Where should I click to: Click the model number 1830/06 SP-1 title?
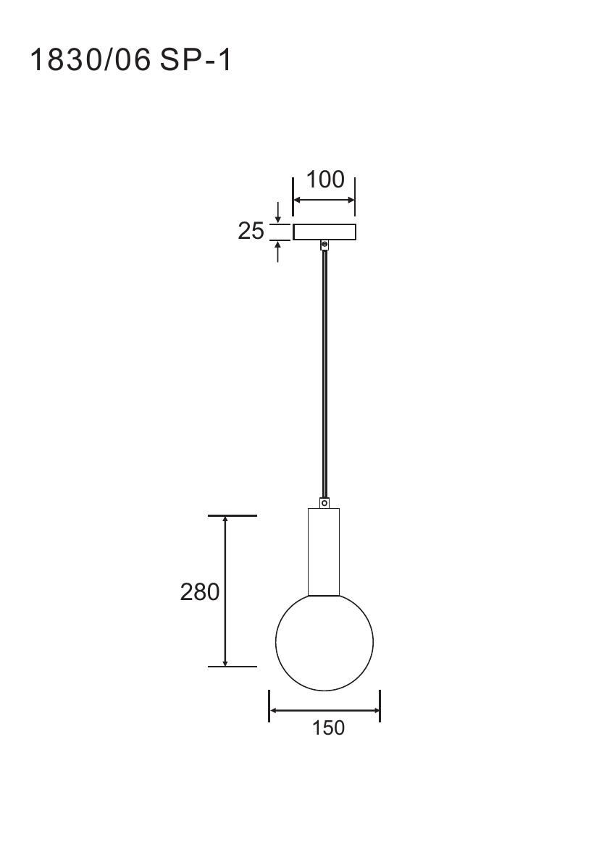(x=131, y=60)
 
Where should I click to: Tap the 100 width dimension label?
(x=324, y=180)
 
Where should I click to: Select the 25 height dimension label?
(x=251, y=231)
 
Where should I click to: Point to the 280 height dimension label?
(x=200, y=591)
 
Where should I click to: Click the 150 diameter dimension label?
(x=328, y=727)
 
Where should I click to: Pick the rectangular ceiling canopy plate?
(x=324, y=232)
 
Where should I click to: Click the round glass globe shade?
(x=324, y=641)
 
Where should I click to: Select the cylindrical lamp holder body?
(x=324, y=552)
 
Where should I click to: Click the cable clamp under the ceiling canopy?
(x=324, y=245)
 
